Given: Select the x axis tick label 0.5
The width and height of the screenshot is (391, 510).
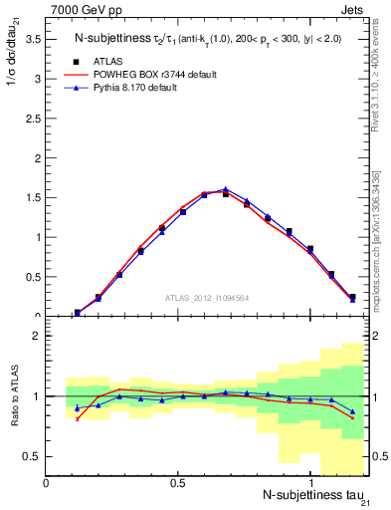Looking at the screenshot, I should [x=178, y=483].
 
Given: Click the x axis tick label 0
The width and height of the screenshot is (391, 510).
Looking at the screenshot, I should [x=47, y=483].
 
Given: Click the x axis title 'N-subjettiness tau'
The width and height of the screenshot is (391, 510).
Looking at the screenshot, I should [x=308, y=495].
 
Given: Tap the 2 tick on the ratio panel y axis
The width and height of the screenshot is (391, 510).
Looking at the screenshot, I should [x=37, y=336].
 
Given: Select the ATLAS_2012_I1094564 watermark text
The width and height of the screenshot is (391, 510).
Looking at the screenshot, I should [x=205, y=297].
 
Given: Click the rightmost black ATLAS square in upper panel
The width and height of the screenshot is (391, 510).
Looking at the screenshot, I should [x=352, y=297].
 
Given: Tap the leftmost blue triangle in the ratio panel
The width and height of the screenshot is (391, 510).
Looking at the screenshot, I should [x=78, y=408].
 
